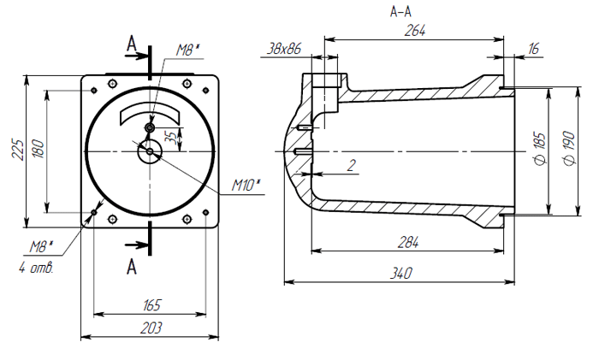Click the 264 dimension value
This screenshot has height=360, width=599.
pyautogui.click(x=417, y=30)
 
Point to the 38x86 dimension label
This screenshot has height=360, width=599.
pyautogui.click(x=284, y=50)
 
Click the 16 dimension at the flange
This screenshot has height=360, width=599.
pyautogui.click(x=533, y=50)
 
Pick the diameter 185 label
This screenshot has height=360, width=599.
pyautogui.click(x=538, y=149)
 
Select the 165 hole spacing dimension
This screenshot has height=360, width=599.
pyautogui.click(x=151, y=305)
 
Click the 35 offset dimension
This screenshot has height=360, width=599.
pyautogui.click(x=171, y=138)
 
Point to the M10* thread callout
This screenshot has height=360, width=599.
pyautogui.click(x=246, y=185)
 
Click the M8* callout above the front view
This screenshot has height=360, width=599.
pyautogui.click(x=187, y=51)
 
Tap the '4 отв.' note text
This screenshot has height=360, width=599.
pyautogui.click(x=35, y=268)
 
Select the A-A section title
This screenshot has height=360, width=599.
pyautogui.click(x=400, y=12)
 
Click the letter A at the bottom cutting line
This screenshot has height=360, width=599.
pyautogui.click(x=132, y=266)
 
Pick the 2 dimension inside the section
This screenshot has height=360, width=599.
pyautogui.click(x=351, y=165)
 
